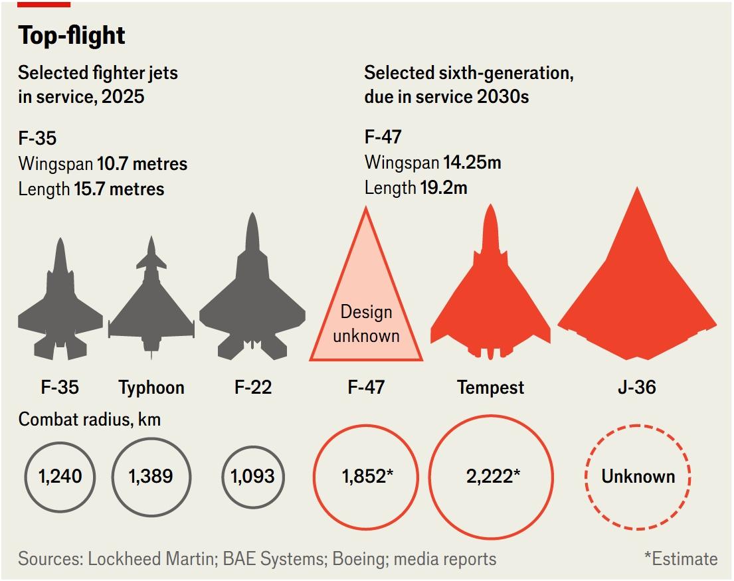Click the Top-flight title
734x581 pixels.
tap(72, 36)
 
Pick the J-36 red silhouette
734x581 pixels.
tap(637, 292)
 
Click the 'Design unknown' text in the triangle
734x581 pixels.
tap(366, 323)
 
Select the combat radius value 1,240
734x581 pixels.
tap(60, 476)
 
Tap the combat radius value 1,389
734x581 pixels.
tap(151, 476)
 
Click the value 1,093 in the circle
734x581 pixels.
tap(252, 476)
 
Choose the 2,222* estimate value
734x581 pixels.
tap(491, 476)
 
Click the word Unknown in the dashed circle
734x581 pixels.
tap(638, 476)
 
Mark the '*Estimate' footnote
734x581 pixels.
tap(680, 559)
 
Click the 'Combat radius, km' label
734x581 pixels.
tap(90, 420)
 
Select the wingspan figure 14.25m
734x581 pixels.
tap(471, 163)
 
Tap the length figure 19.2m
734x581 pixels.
tap(443, 189)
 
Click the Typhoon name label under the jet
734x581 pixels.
tap(151, 387)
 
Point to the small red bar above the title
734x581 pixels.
tap(43, 4)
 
